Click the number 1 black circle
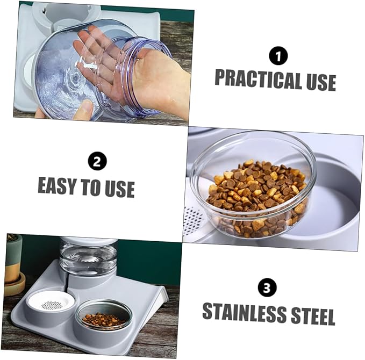click(278, 56)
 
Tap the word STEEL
click(312, 315)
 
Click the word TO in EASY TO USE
click(89, 187)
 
